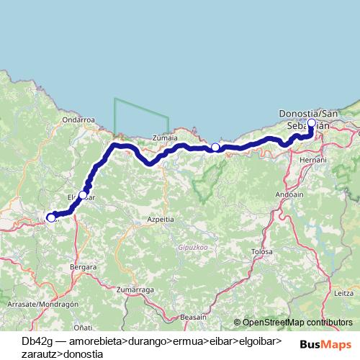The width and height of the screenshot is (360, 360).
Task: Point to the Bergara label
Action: coord(84,266)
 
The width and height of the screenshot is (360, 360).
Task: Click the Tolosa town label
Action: coord(261,252)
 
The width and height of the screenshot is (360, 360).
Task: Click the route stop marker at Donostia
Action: coord(312,123)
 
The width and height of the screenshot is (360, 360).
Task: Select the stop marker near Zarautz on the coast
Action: coord(215,148)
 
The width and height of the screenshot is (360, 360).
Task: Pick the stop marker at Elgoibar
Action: coord(83,195)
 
